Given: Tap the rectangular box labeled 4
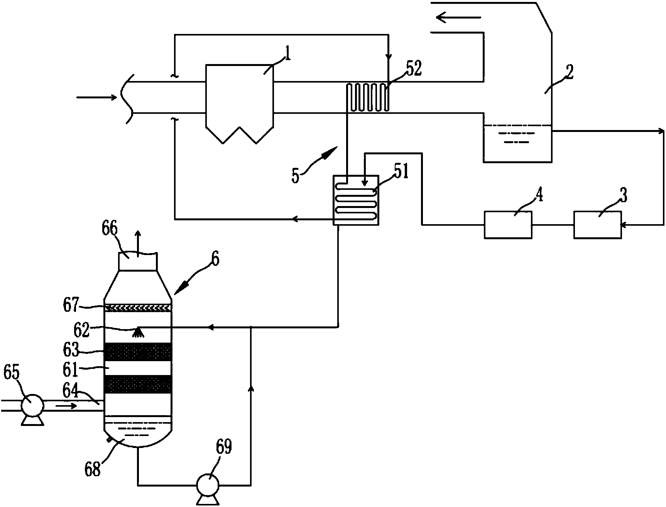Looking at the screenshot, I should click(508, 225).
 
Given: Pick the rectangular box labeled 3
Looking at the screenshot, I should click(597, 225).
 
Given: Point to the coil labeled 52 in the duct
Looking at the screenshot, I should click(368, 97).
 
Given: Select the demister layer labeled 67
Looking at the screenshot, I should click(138, 308).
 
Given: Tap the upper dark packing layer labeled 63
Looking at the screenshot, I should click(138, 352).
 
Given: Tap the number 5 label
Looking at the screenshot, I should click(296, 176).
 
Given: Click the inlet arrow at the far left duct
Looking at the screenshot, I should click(96, 98).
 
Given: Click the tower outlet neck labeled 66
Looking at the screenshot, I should click(138, 262).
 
